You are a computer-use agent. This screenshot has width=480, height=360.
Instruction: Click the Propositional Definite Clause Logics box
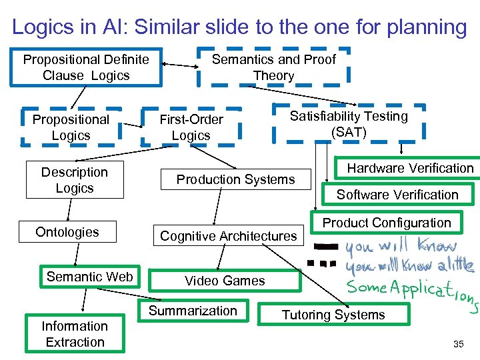pyautogui.click(x=86, y=67)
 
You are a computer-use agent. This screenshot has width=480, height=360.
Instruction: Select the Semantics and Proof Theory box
pyautogui.click(x=273, y=67)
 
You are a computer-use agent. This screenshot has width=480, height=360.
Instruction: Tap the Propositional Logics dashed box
pyautogui.click(x=71, y=127)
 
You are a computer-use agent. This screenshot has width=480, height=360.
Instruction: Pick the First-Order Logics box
pyautogui.click(x=191, y=127)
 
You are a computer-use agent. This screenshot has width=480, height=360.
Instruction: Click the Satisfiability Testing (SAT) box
pyautogui.click(x=349, y=123)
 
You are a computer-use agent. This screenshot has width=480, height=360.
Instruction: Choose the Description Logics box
pyautogui.click(x=75, y=180)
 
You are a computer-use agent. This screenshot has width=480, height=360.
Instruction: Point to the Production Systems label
pyautogui.click(x=235, y=179)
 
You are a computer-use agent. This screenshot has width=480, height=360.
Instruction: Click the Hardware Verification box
pyautogui.click(x=410, y=168)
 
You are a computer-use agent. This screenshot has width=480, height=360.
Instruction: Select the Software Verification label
pyautogui.click(x=397, y=195)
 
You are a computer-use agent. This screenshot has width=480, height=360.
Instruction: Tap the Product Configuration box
pyautogui.click(x=387, y=223)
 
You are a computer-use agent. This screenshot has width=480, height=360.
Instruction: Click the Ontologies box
pyautogui.click(x=67, y=232)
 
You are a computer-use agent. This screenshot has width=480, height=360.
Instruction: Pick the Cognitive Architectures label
pyautogui.click(x=228, y=236)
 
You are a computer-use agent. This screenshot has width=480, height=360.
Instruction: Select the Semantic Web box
pyautogui.click(x=90, y=277)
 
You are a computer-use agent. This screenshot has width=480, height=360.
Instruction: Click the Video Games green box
pyautogui.click(x=225, y=281)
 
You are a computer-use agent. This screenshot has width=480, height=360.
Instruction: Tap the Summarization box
pyautogui.click(x=193, y=311)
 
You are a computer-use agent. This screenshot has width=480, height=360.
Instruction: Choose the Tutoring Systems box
pyautogui.click(x=333, y=315)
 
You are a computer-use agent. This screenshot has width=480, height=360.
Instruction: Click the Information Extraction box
pyautogui.click(x=75, y=334)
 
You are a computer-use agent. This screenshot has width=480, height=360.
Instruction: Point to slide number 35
pyautogui.click(x=458, y=344)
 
